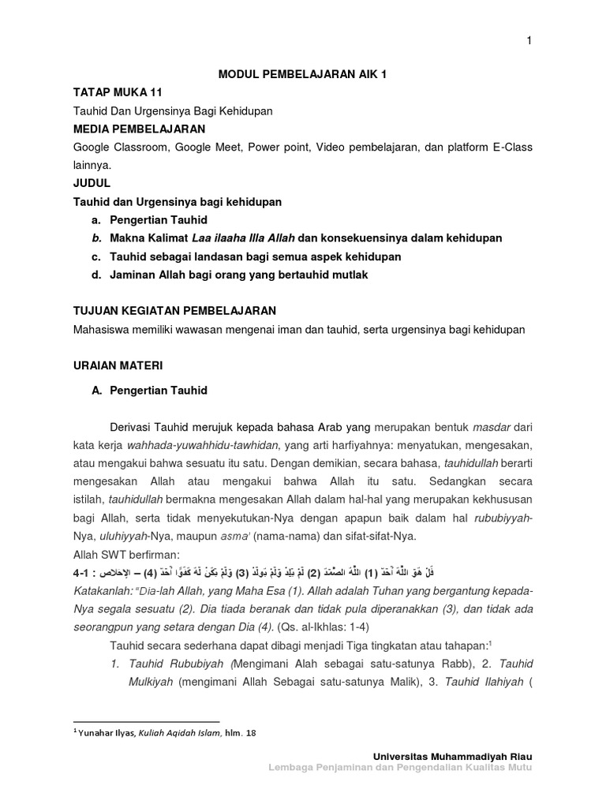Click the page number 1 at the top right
tap(529, 41)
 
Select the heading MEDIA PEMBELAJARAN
tap(139, 129)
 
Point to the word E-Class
tap(510, 147)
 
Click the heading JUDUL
tap(92, 183)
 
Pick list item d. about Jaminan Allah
tap(229, 275)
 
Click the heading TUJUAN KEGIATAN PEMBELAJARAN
tap(174, 312)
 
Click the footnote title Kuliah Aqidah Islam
tap(180, 732)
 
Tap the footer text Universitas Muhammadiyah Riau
tap(466, 757)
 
